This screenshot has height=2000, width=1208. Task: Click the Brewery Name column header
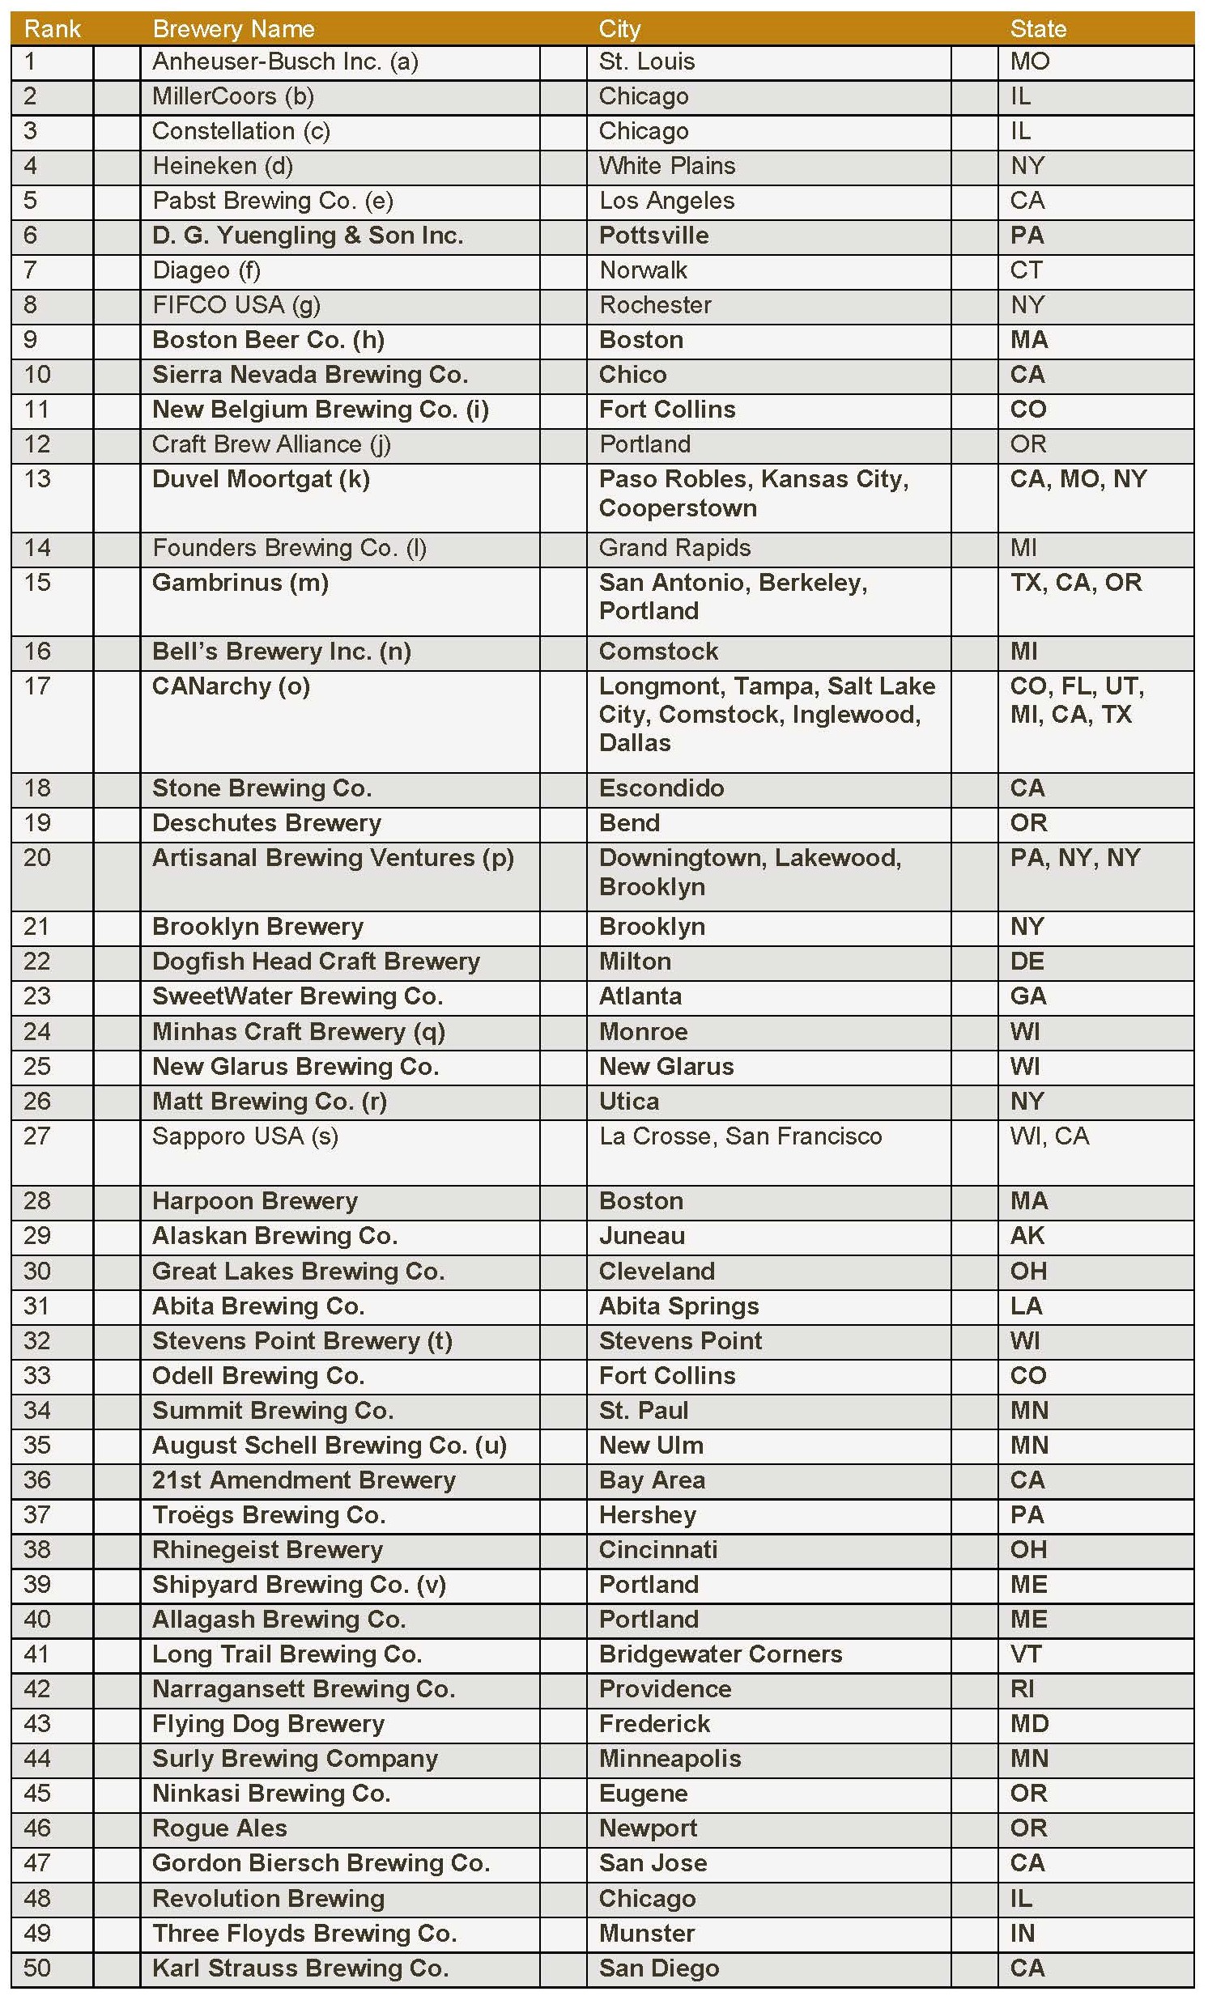pos(233,29)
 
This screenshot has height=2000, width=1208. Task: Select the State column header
pos(1037,29)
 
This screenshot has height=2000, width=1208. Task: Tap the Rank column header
pos(52,29)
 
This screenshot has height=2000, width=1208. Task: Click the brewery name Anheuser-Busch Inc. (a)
pos(285,62)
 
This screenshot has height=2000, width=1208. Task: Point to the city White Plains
pos(666,166)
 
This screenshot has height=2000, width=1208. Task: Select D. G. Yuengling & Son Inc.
pos(308,236)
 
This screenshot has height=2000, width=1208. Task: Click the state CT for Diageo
pos(1026,270)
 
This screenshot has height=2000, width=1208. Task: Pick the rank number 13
pos(37,479)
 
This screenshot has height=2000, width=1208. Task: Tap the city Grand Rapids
pos(674,548)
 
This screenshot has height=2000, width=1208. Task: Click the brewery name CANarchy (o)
pos(232,686)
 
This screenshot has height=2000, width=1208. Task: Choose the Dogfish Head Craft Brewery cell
pos(316,962)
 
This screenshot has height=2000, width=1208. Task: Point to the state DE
pos(1027,962)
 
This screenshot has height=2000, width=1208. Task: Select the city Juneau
pos(642,1236)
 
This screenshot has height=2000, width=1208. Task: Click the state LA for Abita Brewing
pos(1026,1306)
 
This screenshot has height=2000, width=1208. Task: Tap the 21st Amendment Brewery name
pos(304,1480)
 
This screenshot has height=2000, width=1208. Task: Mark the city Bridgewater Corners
pos(720,1655)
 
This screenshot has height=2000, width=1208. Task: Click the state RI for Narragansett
pos(1022,1689)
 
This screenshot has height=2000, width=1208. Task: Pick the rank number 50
pos(37,1968)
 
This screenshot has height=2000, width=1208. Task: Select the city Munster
pos(647,1934)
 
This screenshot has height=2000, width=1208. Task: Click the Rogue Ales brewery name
pos(219,1828)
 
